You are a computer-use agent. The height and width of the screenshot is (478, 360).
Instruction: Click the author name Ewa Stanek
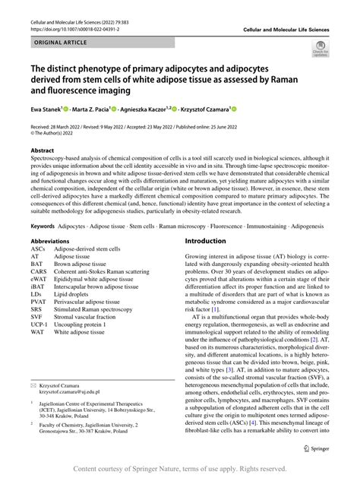48,109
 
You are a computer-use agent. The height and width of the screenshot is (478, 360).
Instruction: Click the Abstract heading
42,151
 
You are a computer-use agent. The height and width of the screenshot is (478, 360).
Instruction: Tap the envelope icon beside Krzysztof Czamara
33,386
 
